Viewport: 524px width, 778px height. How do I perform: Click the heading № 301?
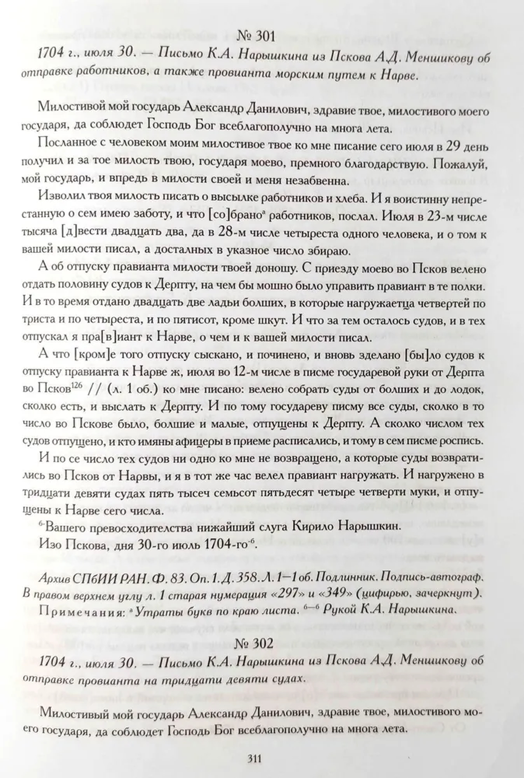tap(256, 36)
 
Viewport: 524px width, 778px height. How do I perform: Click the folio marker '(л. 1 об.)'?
tap(132, 389)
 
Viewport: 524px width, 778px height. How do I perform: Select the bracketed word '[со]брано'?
tap(233, 217)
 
